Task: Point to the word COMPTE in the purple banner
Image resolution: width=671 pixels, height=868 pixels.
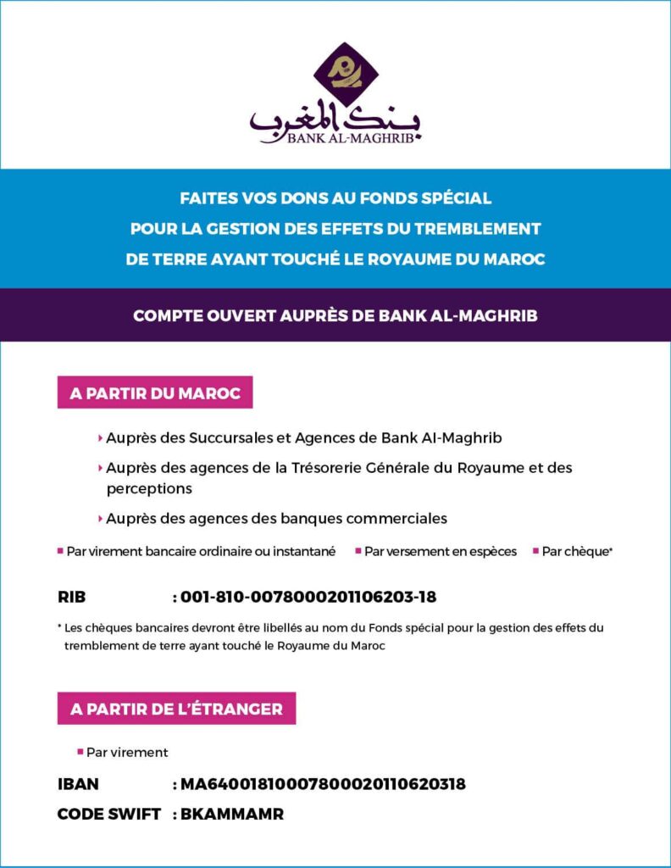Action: [165, 315]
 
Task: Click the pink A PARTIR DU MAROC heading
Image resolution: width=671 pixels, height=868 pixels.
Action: [155, 393]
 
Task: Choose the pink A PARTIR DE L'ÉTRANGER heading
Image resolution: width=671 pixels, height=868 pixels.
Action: [176, 709]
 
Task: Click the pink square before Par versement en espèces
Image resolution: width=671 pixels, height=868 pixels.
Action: [358, 551]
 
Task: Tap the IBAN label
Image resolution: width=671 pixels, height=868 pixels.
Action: [78, 784]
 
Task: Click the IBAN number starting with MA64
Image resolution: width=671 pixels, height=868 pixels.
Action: [323, 784]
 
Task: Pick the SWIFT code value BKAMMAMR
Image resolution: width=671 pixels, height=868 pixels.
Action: [232, 815]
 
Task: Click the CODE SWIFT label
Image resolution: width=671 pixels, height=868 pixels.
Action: [108, 815]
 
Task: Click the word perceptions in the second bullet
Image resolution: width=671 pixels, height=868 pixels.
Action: [149, 489]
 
